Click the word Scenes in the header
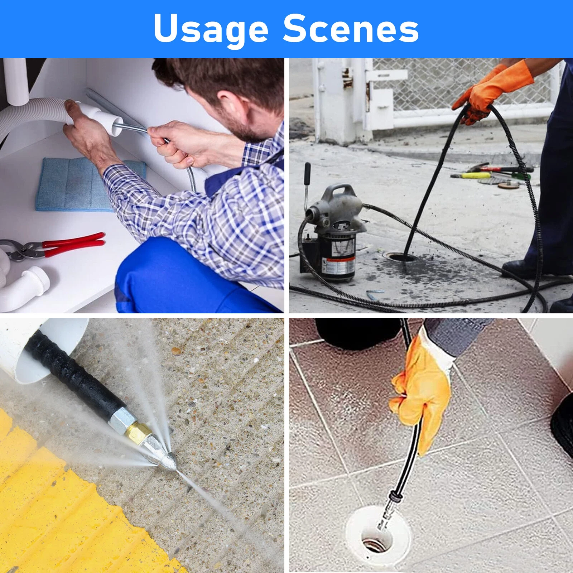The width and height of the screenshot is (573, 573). [351, 29]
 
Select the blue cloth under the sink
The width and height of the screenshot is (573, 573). [72, 184]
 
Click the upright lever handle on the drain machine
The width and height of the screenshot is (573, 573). [307, 186]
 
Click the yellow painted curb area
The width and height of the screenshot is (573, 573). [54, 512]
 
